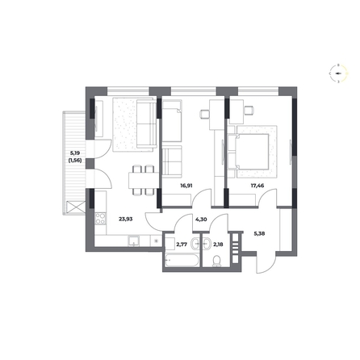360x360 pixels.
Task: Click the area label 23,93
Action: [126, 219]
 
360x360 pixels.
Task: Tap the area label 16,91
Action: [186, 186]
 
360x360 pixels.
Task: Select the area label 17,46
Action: [257, 186]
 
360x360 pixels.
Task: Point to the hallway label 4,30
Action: [201, 220]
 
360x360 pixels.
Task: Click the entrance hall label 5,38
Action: [259, 233]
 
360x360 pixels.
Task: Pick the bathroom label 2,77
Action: [182, 245]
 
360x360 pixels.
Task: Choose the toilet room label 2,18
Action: [218, 245]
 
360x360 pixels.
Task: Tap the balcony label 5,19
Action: [76, 153]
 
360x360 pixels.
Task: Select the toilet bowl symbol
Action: [216, 261]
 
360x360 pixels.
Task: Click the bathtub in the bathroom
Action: [182, 261]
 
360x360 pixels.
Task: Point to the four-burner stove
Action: [101, 219]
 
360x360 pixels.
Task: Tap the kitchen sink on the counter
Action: [134, 241]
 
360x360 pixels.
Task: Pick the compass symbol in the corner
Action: [338, 73]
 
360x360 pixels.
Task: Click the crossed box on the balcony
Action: [76, 207]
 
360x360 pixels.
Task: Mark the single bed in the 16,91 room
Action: [172, 121]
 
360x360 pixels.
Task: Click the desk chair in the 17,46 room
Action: [249, 111]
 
